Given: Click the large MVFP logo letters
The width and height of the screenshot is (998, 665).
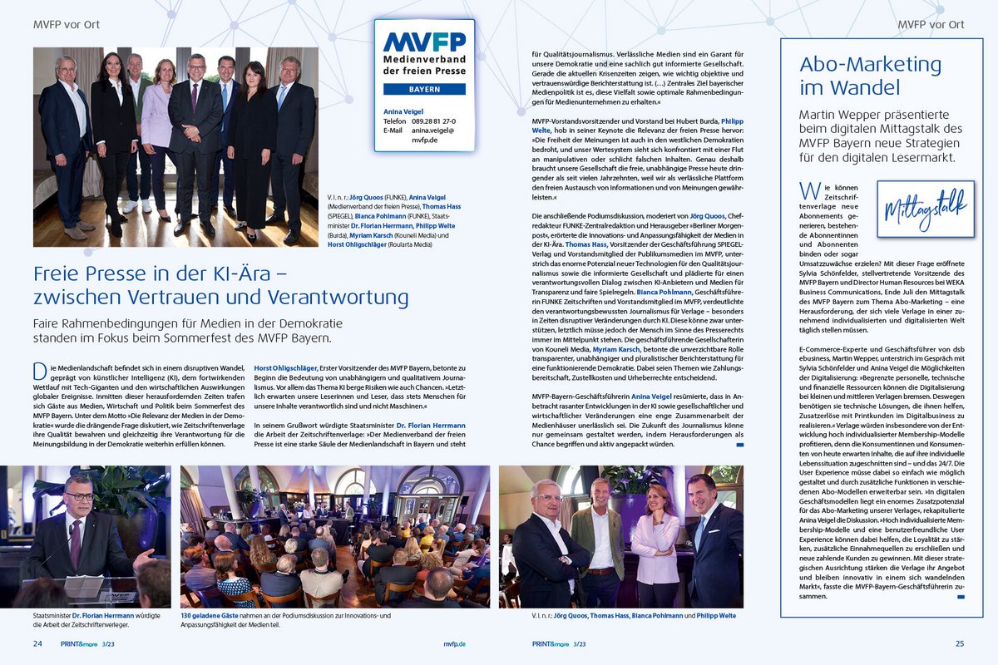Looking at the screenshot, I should [424, 42].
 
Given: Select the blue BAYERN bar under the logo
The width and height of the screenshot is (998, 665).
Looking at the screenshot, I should [424, 88].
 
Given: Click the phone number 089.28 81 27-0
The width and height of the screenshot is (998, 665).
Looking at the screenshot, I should [431, 121].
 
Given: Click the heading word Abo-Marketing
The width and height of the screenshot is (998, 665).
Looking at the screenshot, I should [858, 65].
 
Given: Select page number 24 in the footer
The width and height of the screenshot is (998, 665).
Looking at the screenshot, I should [38, 643].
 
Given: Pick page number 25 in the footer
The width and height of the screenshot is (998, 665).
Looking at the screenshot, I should [960, 643].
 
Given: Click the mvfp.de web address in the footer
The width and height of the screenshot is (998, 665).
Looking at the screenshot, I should [454, 643].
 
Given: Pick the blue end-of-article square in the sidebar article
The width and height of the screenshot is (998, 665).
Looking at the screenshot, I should [961, 596].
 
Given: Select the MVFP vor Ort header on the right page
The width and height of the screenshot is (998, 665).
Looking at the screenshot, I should [931, 25].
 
